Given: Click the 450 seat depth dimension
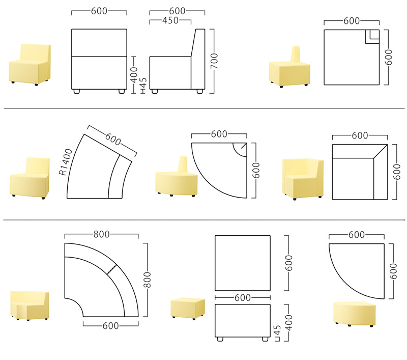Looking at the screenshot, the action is tap(170, 20).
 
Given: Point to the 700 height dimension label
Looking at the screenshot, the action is tap(214, 61).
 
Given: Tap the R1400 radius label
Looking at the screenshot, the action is tap(65, 162).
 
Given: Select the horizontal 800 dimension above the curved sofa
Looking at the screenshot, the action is tap(101, 234).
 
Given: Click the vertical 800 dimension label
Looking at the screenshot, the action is tap(147, 280).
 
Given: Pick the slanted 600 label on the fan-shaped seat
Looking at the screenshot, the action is tap(113, 139).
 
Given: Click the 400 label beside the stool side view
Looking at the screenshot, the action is tap(289, 323).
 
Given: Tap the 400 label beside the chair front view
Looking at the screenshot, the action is tap(134, 74).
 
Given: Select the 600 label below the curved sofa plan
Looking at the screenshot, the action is tap(110, 326).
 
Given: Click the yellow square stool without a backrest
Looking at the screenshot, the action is tap(188, 308).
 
